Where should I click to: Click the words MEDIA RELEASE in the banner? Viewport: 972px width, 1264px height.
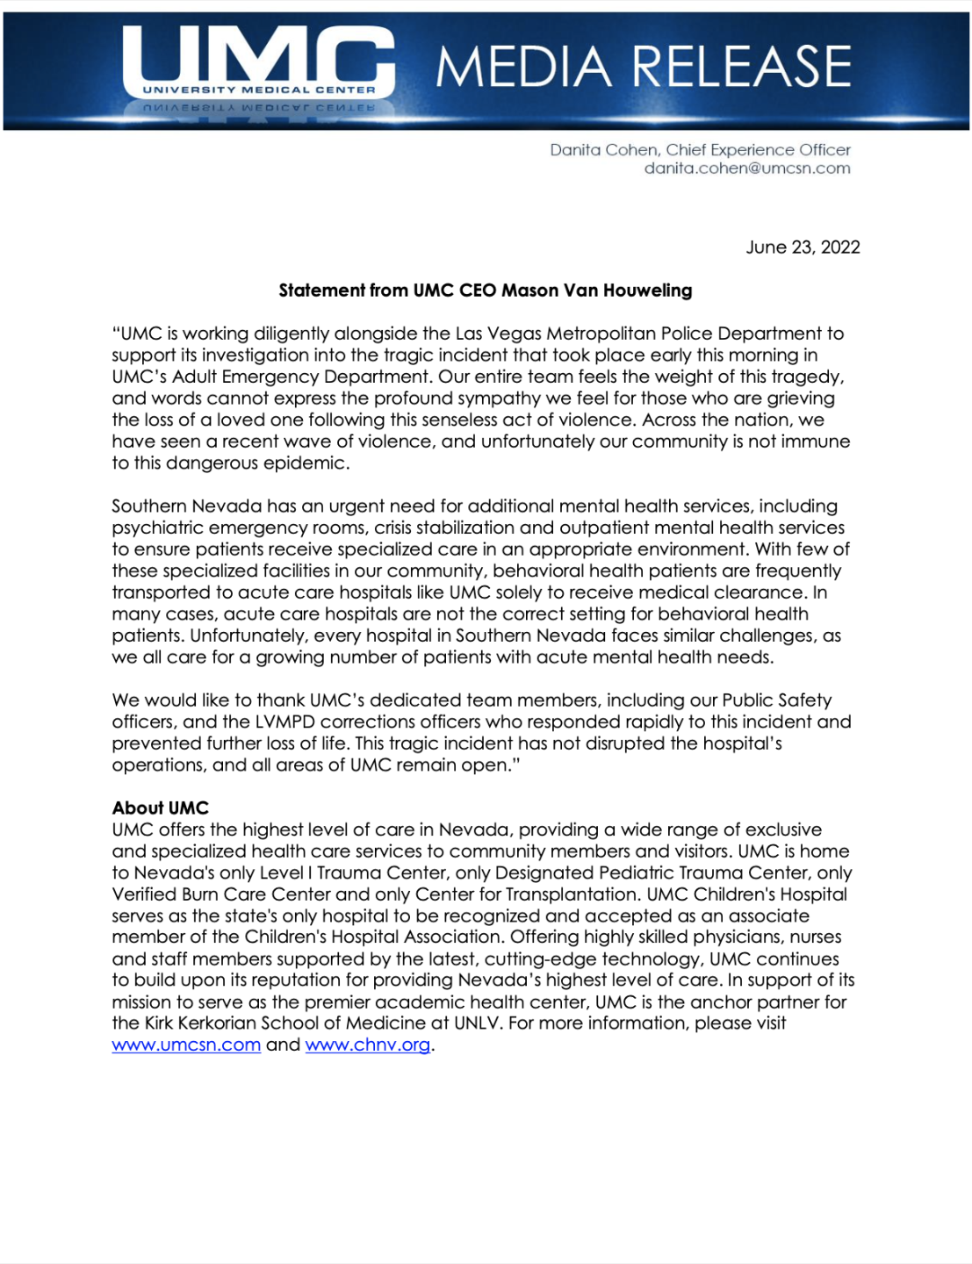coord(644,67)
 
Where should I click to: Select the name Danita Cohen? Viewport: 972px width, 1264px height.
coord(603,150)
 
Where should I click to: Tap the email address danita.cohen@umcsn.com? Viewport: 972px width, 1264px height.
coord(747,169)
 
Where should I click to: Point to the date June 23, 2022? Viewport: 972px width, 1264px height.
coord(803,248)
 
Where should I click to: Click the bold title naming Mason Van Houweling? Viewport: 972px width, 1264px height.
coord(486,291)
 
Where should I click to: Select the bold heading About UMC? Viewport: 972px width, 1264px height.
coord(160,808)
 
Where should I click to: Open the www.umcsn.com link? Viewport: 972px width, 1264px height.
coord(186,1045)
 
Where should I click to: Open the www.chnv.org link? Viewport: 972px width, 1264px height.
coord(368,1045)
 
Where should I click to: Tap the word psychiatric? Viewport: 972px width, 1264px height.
coord(156,528)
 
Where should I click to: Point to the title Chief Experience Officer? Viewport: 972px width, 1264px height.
coord(758,150)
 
